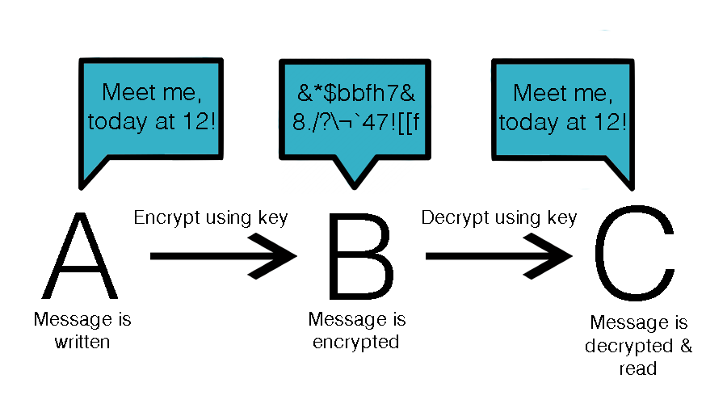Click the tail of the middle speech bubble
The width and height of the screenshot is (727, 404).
[x=353, y=172]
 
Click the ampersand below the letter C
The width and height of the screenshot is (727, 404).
[x=687, y=346]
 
